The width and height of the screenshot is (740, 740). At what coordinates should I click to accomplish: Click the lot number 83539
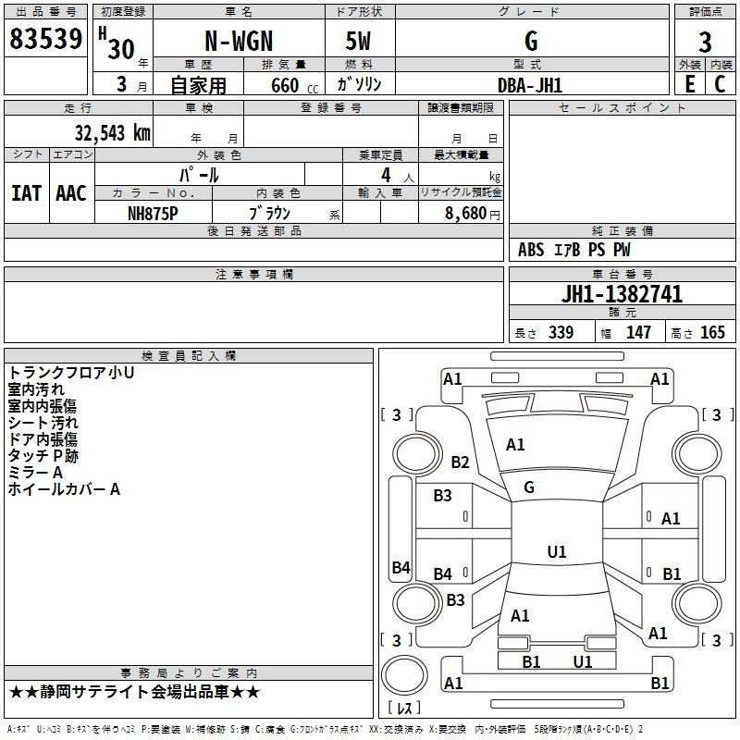pos(45,39)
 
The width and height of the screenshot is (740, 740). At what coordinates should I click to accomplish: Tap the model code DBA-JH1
pos(530,85)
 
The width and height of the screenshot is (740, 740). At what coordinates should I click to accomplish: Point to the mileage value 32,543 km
pos(112,132)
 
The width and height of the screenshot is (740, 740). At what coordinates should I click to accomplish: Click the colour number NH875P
pos(153,213)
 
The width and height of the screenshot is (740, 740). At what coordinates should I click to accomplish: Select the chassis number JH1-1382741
pos(623,295)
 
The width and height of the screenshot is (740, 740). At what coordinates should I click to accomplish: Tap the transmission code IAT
pos(26,193)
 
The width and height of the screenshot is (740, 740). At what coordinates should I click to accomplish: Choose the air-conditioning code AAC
pos(71,193)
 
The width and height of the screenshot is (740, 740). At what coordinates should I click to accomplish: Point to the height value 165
pos(712,333)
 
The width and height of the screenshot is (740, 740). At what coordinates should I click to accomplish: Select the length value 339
pos(560,333)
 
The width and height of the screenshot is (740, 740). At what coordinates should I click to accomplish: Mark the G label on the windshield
pos(529,487)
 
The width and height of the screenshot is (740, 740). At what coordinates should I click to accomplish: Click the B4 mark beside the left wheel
pos(401,568)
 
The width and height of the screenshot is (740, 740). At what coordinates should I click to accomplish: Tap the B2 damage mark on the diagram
pos(461,462)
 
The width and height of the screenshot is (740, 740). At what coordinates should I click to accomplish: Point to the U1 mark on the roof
pos(557,552)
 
